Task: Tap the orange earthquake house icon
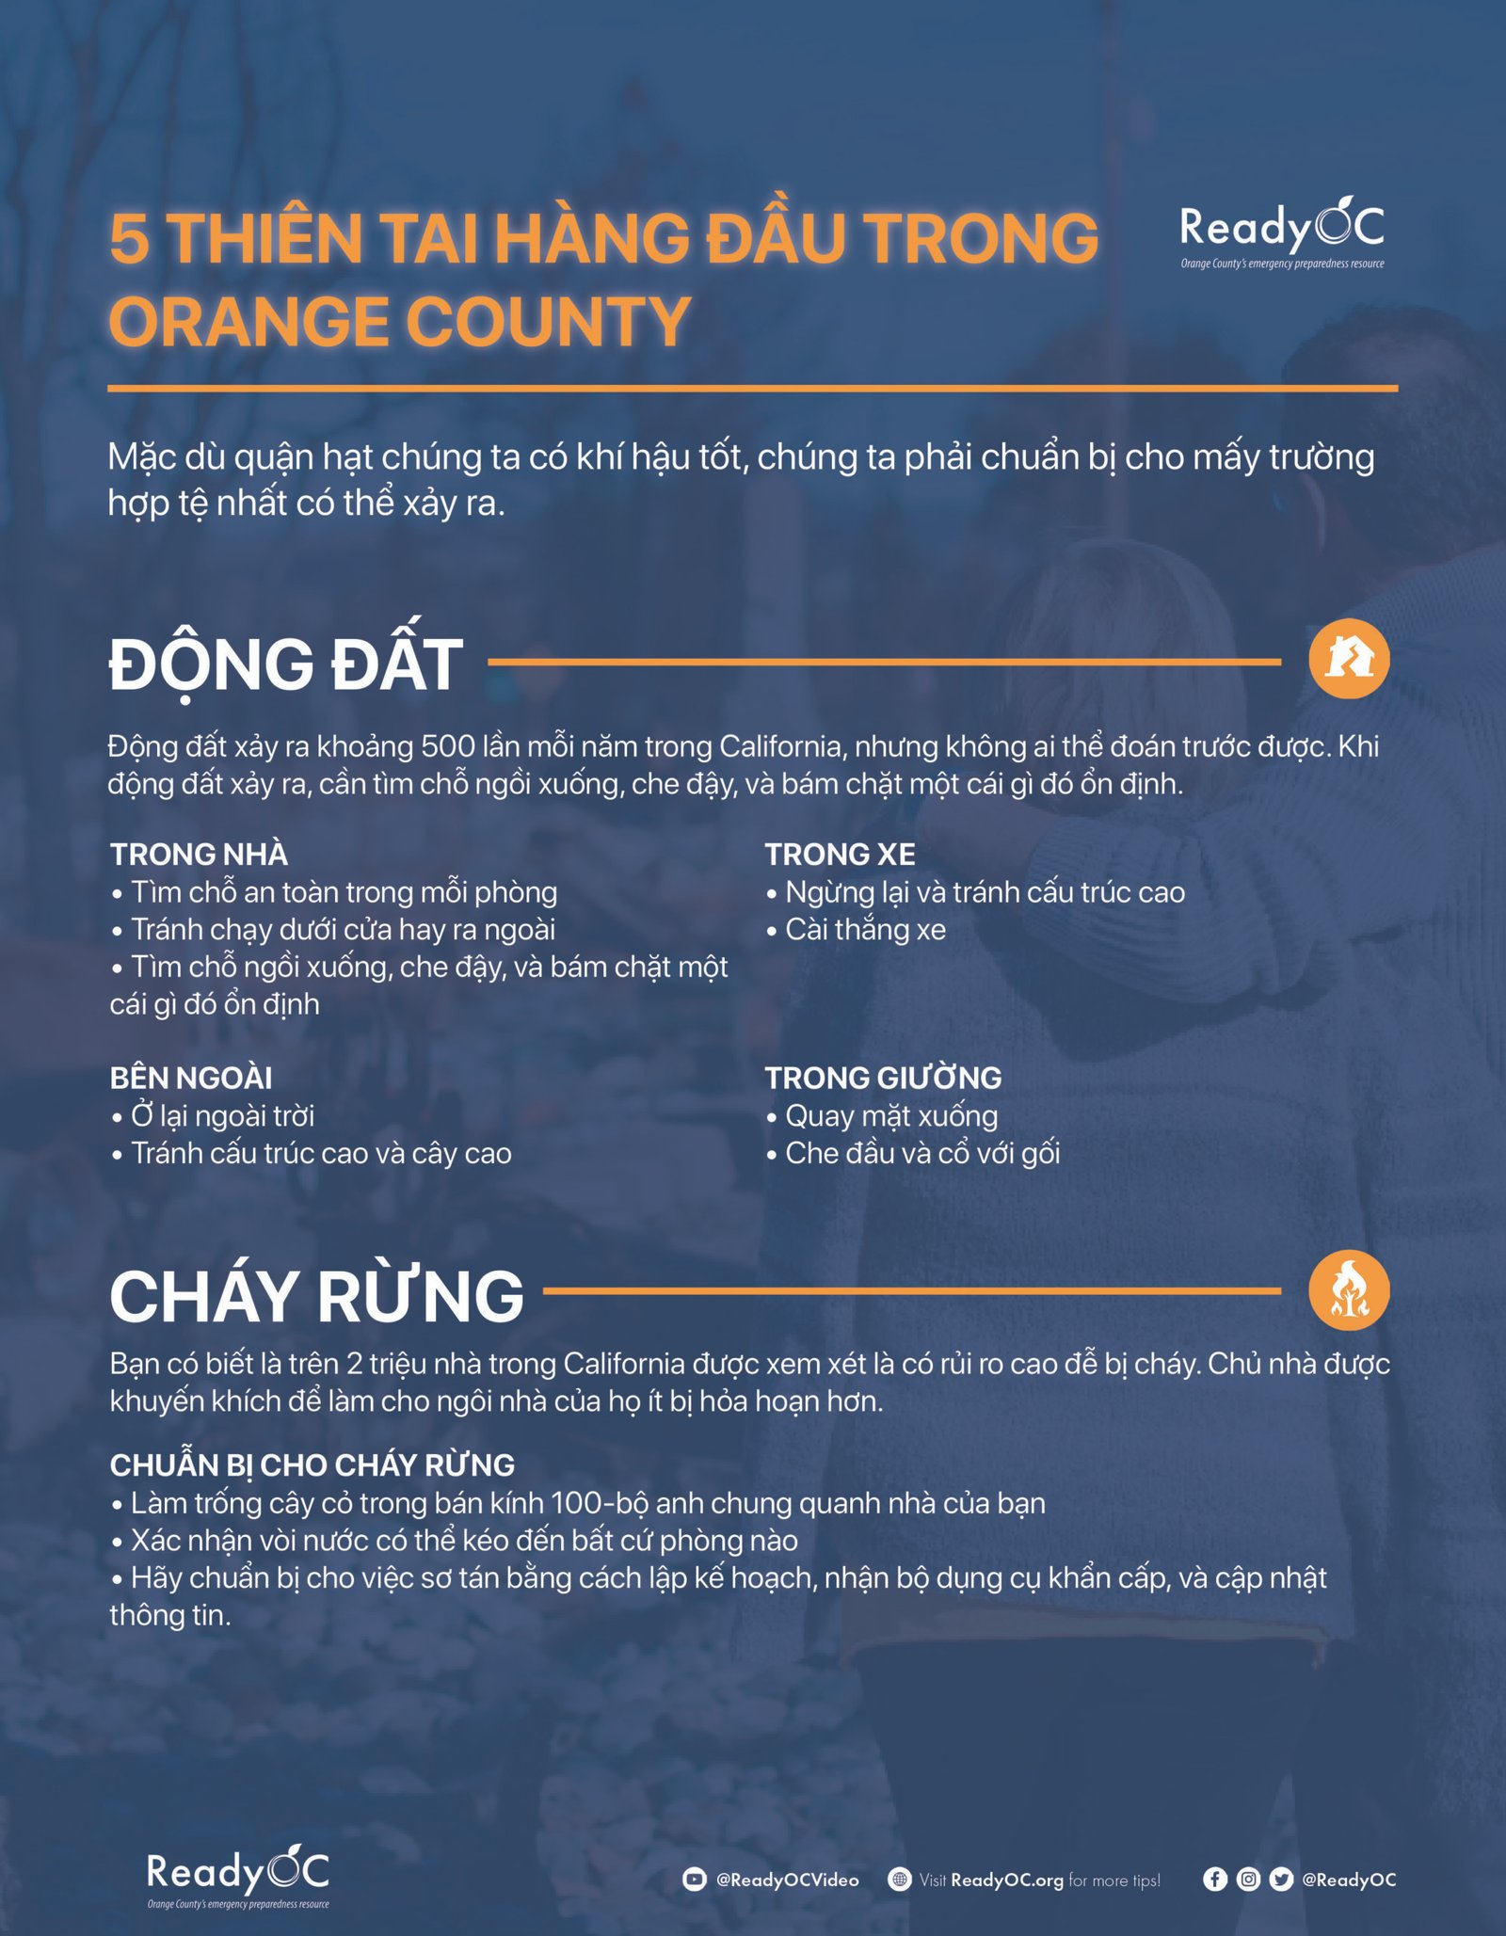pyautogui.click(x=1348, y=658)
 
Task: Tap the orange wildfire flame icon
pyautogui.click(x=1348, y=1290)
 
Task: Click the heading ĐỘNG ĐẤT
pyautogui.click(x=286, y=664)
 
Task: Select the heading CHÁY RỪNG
pyautogui.click(x=316, y=1296)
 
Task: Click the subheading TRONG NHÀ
pyautogui.click(x=199, y=855)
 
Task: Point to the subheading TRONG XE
pyautogui.click(x=840, y=855)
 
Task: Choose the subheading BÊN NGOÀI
pyautogui.click(x=191, y=1078)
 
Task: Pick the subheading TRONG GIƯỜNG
pyautogui.click(x=883, y=1078)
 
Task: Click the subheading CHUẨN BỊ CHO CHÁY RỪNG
pyautogui.click(x=312, y=1464)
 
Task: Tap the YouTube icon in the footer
pyautogui.click(x=694, y=1880)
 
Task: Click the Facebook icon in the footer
pyautogui.click(x=1215, y=1879)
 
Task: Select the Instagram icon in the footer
pyautogui.click(x=1248, y=1879)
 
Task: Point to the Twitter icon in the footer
pyautogui.click(x=1280, y=1879)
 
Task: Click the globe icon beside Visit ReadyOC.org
pyautogui.click(x=900, y=1880)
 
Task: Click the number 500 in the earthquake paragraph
pyautogui.click(x=447, y=746)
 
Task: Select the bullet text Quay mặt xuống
pyautogui.click(x=890, y=1116)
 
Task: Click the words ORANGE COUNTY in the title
pyautogui.click(x=400, y=322)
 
